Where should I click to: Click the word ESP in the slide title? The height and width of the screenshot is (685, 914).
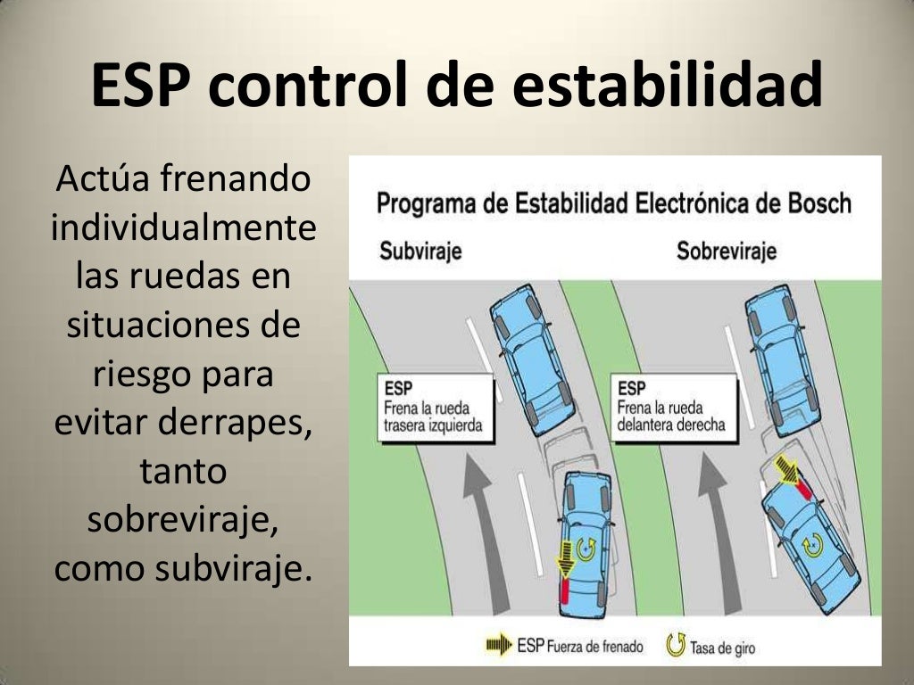tap(146, 87)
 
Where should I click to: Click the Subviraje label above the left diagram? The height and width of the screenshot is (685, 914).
tap(420, 251)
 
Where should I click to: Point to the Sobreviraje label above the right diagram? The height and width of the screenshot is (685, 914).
tap(727, 251)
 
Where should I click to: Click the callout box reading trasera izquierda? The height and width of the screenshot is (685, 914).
tap(436, 408)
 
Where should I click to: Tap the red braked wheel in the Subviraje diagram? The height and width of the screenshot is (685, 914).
tap(563, 592)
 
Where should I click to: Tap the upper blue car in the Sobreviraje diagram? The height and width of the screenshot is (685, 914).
tap(782, 353)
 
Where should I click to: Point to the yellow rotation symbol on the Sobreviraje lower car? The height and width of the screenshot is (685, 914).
tap(812, 542)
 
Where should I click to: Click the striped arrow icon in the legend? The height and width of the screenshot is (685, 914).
tap(499, 645)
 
